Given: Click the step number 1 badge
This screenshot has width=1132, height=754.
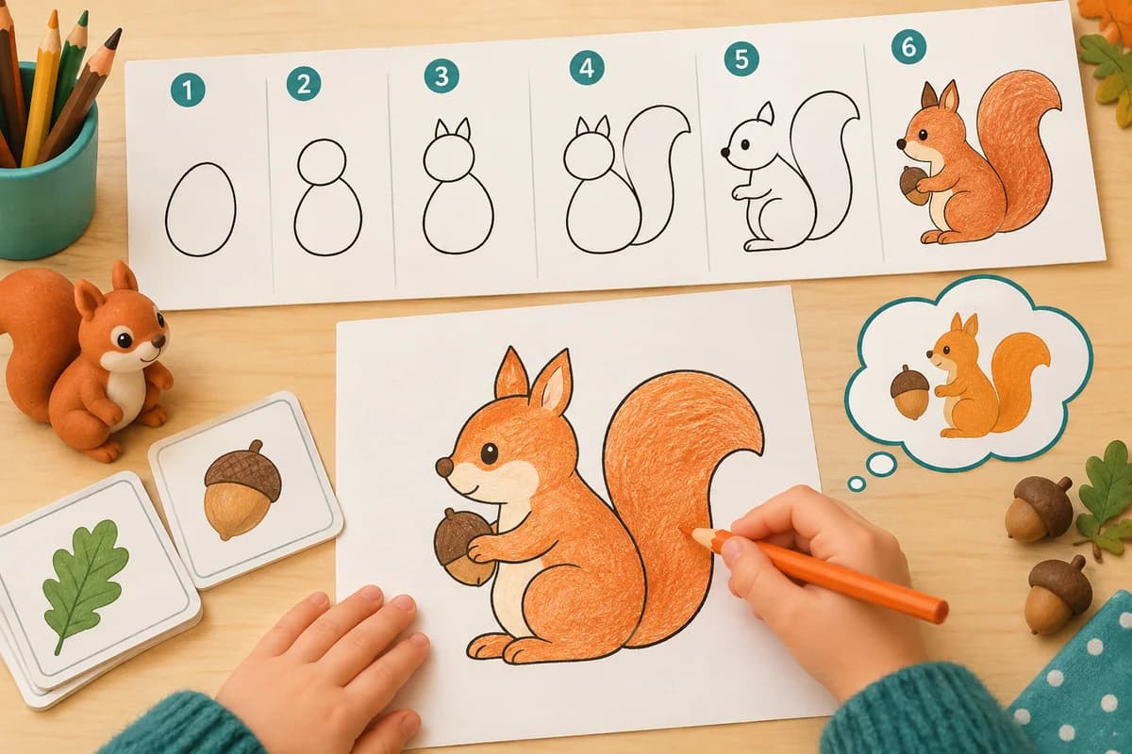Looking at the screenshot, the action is [188, 90].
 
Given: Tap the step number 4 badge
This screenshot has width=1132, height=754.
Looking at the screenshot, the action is [587, 68].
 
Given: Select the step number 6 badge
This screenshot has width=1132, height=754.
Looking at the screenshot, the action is [908, 47].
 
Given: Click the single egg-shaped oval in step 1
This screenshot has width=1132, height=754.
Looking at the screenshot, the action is [201, 209].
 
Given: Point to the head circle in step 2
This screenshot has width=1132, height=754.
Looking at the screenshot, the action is [322, 162].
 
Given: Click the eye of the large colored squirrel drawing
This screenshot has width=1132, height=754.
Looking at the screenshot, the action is [489, 452].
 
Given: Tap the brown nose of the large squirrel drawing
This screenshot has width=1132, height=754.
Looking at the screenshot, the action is [444, 467].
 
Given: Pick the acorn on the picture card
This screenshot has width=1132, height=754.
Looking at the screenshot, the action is [242, 489].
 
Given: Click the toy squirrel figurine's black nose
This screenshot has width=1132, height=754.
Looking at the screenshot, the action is [159, 342].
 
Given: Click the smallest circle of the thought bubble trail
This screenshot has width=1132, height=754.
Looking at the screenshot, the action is [857, 484].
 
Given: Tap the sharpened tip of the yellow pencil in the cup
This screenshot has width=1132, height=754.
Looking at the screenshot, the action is [53, 17].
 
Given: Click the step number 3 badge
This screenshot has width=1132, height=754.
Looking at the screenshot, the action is [441, 76].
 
